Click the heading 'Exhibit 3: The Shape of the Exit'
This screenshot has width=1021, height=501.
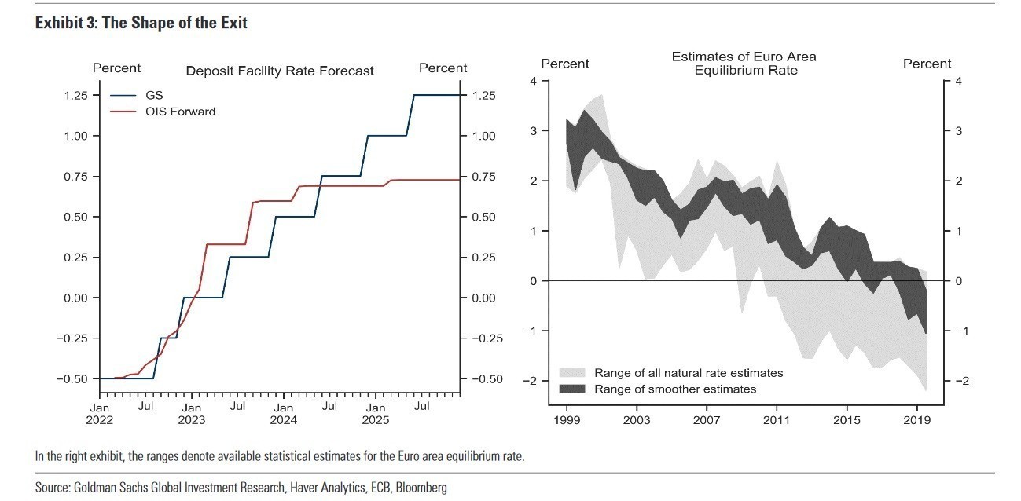pyautogui.click(x=141, y=23)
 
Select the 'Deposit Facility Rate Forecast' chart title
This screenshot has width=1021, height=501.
pyautogui.click(x=280, y=71)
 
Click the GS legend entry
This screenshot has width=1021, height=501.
pyautogui.click(x=154, y=96)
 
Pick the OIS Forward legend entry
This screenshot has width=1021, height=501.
pyautogui.click(x=180, y=112)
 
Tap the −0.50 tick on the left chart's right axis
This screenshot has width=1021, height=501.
pyautogui.click(x=488, y=378)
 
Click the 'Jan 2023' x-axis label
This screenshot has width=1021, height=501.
pyautogui.click(x=191, y=414)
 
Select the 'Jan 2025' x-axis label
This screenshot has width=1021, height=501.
pyautogui.click(x=375, y=414)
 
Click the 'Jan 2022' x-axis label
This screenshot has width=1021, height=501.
pyautogui.click(x=99, y=414)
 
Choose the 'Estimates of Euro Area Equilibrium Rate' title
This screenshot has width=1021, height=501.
pyautogui.click(x=744, y=64)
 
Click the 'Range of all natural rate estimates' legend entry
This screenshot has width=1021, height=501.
pyautogui.click(x=689, y=373)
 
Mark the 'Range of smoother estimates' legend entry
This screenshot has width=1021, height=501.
pyautogui.click(x=675, y=389)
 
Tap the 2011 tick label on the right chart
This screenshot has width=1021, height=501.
pyautogui.click(x=777, y=420)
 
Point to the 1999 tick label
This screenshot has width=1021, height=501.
pyautogui.click(x=567, y=420)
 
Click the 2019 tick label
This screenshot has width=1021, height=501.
pyautogui.click(x=916, y=420)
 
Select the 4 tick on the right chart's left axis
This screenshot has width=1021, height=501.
pyautogui.click(x=534, y=81)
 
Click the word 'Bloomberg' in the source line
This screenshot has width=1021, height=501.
pyautogui.click(x=421, y=488)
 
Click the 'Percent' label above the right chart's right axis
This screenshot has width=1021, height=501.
pyautogui.click(x=927, y=64)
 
